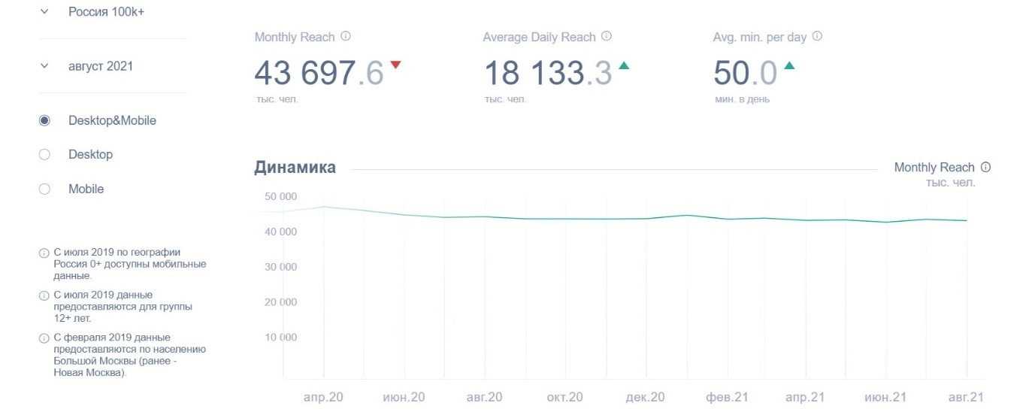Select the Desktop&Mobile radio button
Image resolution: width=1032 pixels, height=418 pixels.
[44, 120]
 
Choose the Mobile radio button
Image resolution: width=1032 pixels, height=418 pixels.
[44, 189]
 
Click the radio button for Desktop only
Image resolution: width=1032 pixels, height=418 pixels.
[44, 154]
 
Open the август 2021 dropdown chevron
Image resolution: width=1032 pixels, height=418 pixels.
[44, 66]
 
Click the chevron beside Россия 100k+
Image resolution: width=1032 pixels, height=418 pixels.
[44, 12]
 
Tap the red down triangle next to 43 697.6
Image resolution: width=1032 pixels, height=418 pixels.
[395, 65]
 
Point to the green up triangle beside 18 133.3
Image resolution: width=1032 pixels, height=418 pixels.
[624, 65]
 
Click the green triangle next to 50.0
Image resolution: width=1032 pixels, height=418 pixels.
[789, 65]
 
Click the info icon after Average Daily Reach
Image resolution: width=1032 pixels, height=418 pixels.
[607, 36]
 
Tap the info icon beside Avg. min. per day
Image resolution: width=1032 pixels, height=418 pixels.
[817, 36]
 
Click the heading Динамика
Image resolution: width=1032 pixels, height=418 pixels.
[295, 168]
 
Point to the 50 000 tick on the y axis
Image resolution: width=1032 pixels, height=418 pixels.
[281, 196]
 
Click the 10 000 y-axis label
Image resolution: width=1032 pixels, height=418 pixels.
[281, 337]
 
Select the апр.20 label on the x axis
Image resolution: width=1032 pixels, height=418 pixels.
[324, 397]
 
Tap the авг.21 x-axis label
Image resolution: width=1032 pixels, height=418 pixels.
[966, 397]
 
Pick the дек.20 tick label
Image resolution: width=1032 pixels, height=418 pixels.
[645, 397]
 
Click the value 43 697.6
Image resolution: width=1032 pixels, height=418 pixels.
[319, 74]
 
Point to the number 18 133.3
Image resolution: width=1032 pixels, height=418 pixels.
[547, 74]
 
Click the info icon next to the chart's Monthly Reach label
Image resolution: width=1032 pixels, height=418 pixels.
[986, 167]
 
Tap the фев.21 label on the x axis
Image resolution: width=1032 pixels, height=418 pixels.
[725, 397]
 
